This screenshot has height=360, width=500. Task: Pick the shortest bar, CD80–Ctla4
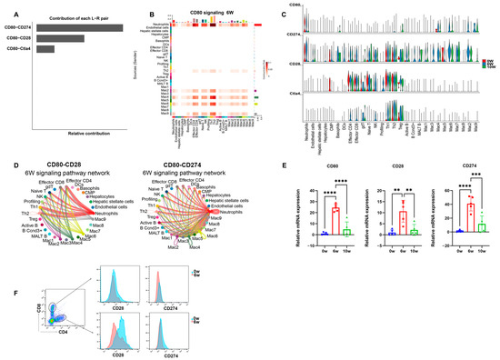click(x=45, y=49)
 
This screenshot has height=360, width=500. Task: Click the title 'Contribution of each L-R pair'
click(x=81, y=18)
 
